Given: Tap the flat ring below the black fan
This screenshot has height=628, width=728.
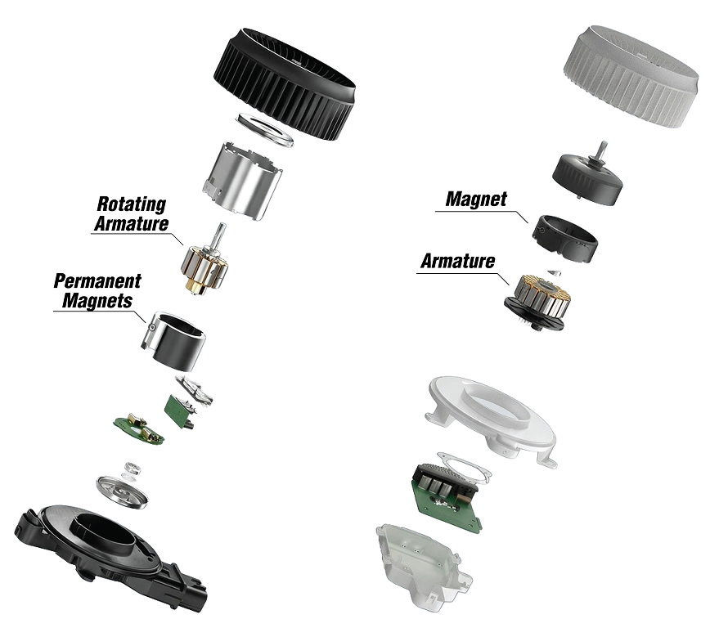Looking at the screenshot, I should click(x=265, y=130).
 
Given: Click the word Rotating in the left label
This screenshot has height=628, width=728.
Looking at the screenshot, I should click(x=132, y=204).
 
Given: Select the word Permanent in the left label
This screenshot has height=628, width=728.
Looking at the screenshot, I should click(x=97, y=281).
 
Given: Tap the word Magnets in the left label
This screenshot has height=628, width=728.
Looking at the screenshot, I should click(x=93, y=300).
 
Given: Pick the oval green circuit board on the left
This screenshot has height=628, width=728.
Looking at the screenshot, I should click(x=139, y=428).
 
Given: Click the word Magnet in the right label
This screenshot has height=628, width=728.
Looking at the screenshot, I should click(x=476, y=199).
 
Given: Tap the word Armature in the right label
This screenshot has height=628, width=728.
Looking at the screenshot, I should click(x=457, y=262).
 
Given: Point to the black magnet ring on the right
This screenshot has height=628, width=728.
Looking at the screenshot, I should click(x=564, y=238).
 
